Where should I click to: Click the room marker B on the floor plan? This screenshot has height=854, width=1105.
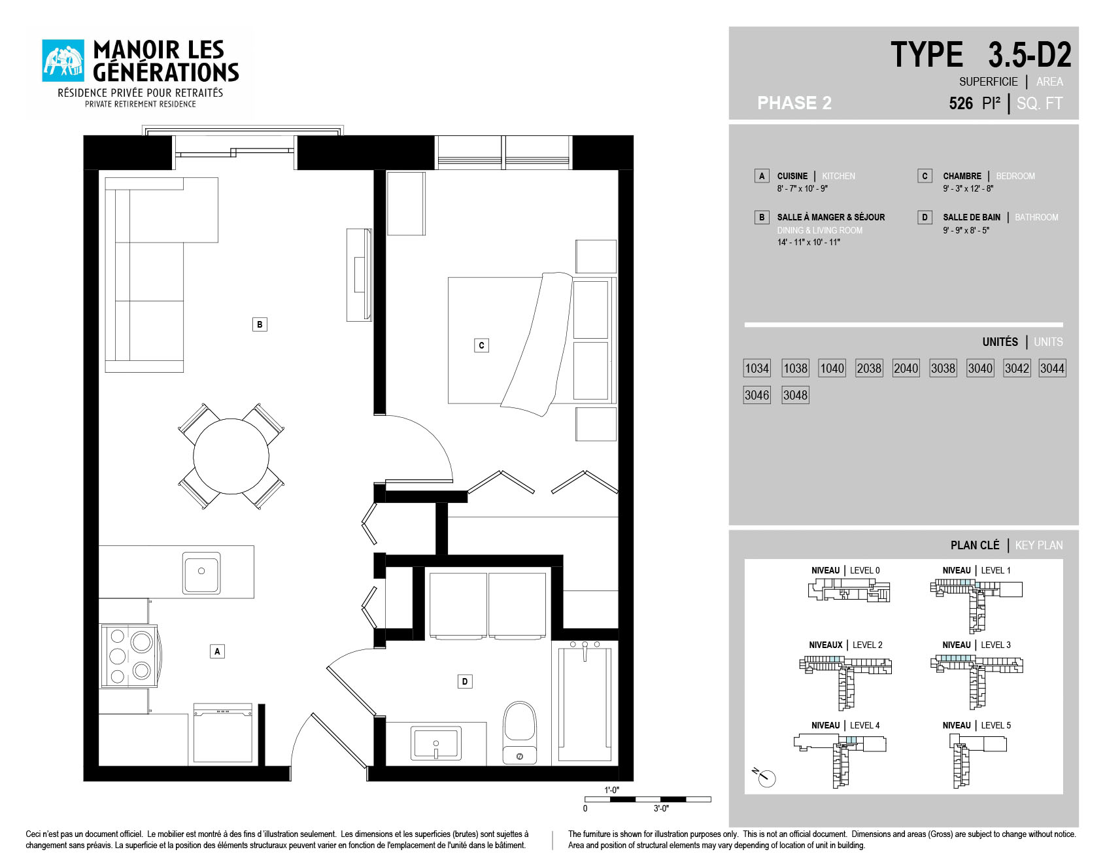tap(260, 324)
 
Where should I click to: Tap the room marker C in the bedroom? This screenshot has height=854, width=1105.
tap(481, 345)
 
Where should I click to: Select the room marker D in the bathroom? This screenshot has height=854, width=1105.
tap(465, 681)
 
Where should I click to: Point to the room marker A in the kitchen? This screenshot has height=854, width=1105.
tap(217, 651)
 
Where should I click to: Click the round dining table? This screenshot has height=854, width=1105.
tap(231, 456)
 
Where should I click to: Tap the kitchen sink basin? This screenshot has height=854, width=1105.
tap(201, 572)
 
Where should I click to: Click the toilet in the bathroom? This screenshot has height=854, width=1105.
tap(520, 732)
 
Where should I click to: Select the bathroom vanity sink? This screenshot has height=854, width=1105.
tap(435, 743)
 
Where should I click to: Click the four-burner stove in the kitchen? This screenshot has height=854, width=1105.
tap(129, 655)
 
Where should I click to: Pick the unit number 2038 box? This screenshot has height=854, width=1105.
tap(869, 368)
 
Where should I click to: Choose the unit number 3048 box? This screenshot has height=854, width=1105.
tap(795, 395)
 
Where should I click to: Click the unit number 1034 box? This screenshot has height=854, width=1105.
tap(757, 368)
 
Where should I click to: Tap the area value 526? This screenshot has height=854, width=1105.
tap(960, 103)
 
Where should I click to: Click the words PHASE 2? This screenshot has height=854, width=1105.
tap(794, 103)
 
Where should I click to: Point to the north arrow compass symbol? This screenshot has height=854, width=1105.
tap(764, 777)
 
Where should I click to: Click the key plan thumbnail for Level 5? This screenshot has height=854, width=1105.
tap(977, 760)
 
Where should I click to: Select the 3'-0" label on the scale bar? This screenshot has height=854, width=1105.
tap(661, 809)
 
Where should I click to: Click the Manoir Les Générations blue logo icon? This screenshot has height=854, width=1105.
tap(63, 61)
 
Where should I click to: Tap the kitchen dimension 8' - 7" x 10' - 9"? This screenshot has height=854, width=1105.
tap(802, 189)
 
